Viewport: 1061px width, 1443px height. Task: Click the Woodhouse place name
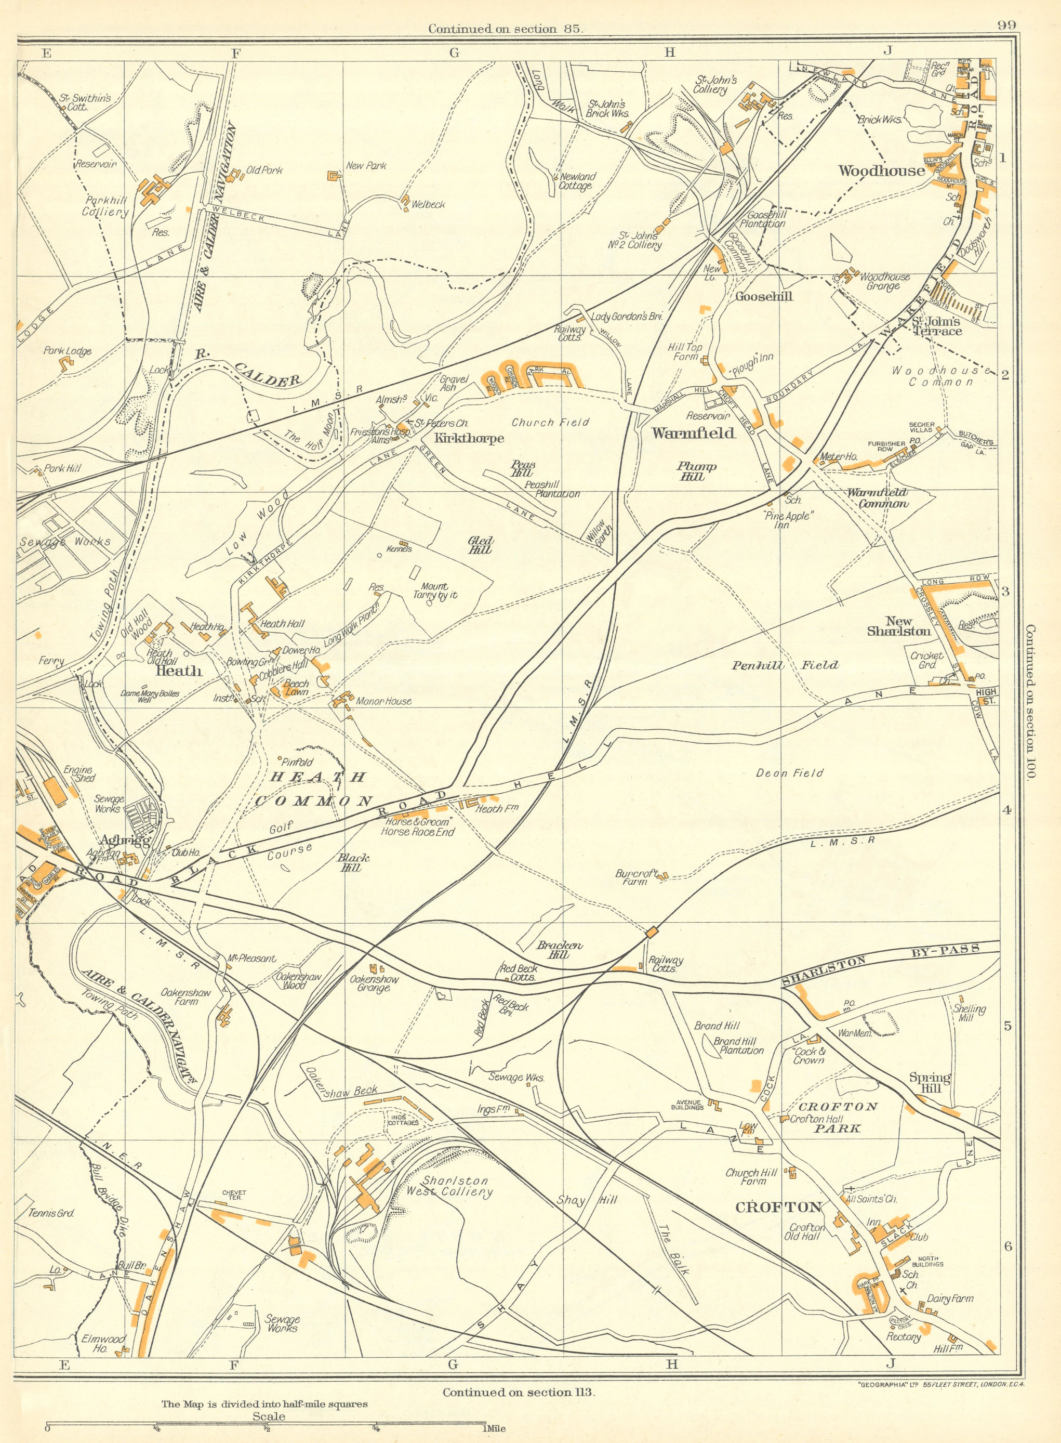pyautogui.click(x=881, y=170)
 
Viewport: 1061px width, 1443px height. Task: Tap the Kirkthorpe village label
pyautogui.click(x=471, y=438)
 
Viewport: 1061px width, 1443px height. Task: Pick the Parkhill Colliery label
pyautogui.click(x=105, y=206)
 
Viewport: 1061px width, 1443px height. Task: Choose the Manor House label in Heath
pyautogui.click(x=383, y=701)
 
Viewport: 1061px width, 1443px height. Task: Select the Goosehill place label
pyautogui.click(x=764, y=296)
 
